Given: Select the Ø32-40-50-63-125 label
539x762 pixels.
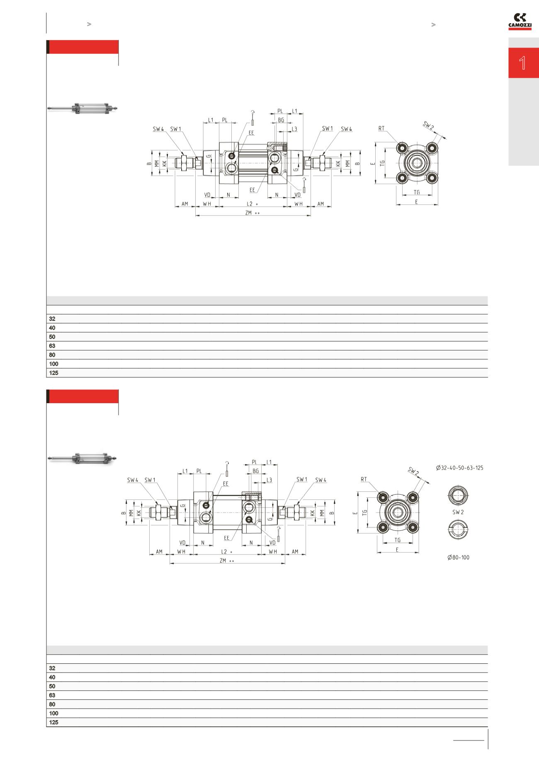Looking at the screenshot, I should pyautogui.click(x=459, y=468).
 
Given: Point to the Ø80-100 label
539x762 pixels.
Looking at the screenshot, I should pyautogui.click(x=458, y=557).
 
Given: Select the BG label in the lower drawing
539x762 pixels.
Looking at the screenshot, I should pyautogui.click(x=255, y=471).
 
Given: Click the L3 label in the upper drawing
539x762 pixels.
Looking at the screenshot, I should pyautogui.click(x=294, y=129).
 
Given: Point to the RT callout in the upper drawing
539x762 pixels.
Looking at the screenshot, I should pyautogui.click(x=381, y=128).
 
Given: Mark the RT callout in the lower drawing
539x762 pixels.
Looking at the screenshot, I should pyautogui.click(x=364, y=479).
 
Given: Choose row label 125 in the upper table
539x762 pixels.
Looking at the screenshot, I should pyautogui.click(x=54, y=373).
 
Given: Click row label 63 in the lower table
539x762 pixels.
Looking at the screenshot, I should pyautogui.click(x=52, y=695).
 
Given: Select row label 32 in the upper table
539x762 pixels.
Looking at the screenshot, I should pyautogui.click(x=52, y=319).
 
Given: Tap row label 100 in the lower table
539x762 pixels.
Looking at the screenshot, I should pyautogui.click(x=54, y=714).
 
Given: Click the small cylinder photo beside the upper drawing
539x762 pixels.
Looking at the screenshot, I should pyautogui.click(x=83, y=109).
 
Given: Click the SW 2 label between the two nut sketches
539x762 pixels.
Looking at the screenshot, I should pyautogui.click(x=458, y=512).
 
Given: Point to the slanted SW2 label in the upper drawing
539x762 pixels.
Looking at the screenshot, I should pyautogui.click(x=428, y=125).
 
